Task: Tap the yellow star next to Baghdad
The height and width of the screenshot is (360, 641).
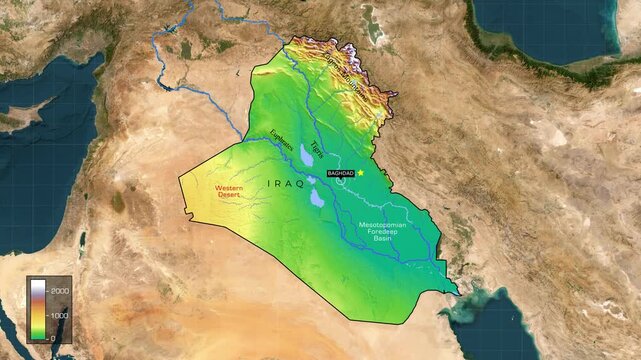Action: click(361, 172)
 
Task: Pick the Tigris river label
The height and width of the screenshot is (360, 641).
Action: click(318, 149)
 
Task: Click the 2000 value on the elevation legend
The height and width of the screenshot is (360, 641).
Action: click(60, 289)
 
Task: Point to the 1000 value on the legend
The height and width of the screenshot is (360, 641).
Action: click(60, 314)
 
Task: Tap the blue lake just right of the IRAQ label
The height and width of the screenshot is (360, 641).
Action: click(317, 197)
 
